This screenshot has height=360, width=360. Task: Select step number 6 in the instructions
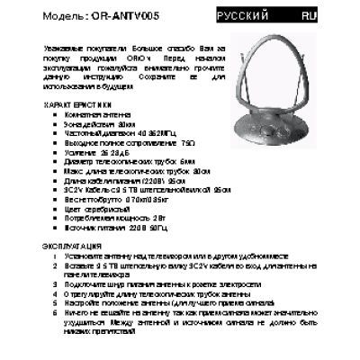tap(55, 311)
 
